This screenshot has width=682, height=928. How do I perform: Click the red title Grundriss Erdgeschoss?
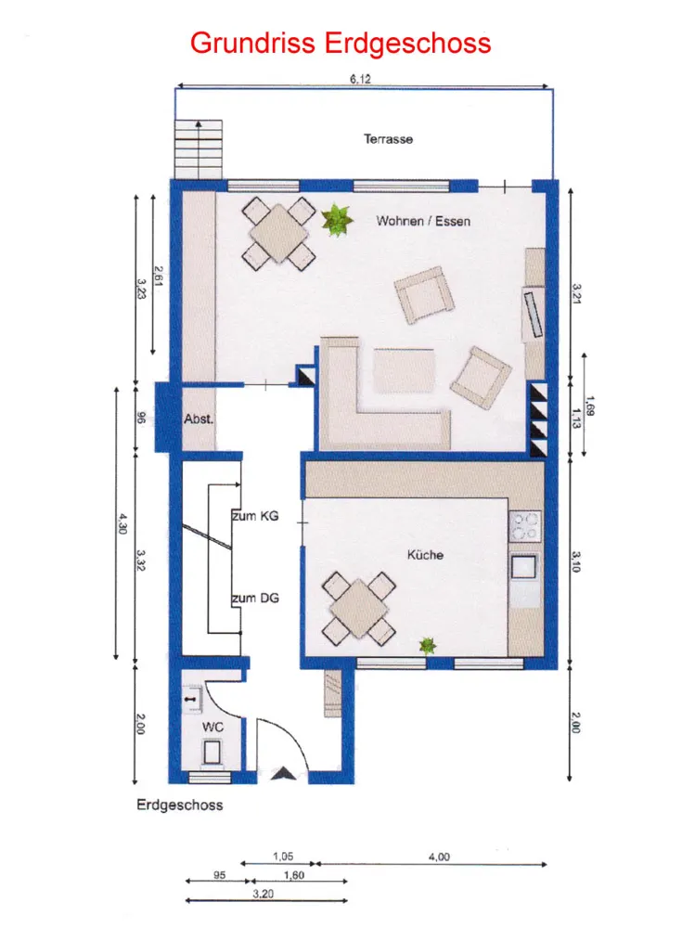pyautogui.click(x=341, y=44)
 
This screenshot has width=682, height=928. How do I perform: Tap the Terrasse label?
pyautogui.click(x=388, y=139)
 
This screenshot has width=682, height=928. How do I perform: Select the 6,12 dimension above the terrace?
pyautogui.click(x=360, y=79)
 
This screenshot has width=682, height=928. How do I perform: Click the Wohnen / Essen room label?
pyautogui.click(x=423, y=222)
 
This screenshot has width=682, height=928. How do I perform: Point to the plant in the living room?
pyautogui.click(x=337, y=220)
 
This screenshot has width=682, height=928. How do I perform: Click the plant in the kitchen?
pyautogui.click(x=427, y=645)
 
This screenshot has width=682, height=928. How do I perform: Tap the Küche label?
pyautogui.click(x=425, y=555)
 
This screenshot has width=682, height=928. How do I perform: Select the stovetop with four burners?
pyautogui.click(x=525, y=525)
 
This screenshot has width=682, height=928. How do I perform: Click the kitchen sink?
pyautogui.click(x=524, y=567)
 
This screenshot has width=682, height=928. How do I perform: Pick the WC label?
pyautogui.click(x=212, y=727)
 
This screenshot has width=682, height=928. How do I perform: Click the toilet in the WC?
pyautogui.click(x=212, y=753)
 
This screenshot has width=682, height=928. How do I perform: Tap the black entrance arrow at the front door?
pyautogui.click(x=284, y=773)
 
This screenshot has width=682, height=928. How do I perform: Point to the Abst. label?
pyautogui.click(x=199, y=419)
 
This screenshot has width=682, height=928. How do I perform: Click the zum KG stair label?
pyautogui.click(x=255, y=516)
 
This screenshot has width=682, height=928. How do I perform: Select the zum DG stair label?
pyautogui.click(x=255, y=599)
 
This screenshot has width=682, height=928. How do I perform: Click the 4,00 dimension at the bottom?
pyautogui.click(x=439, y=857)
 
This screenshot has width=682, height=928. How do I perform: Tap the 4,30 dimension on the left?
pyautogui.click(x=122, y=523)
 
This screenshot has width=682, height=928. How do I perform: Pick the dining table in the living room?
pyautogui.click(x=279, y=233)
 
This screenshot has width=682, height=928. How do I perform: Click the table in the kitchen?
pyautogui.click(x=359, y=609)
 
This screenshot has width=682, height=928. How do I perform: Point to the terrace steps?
pyautogui.click(x=199, y=149)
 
